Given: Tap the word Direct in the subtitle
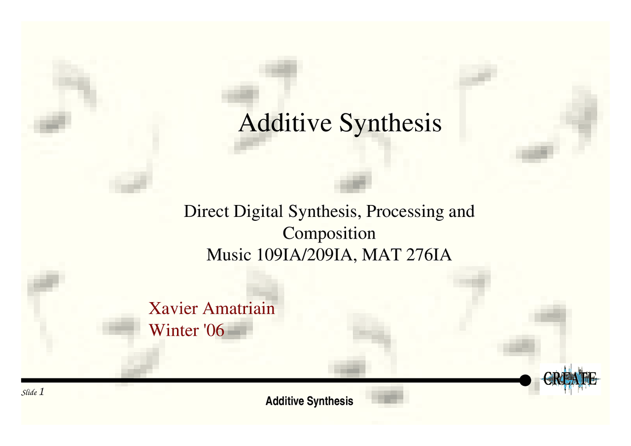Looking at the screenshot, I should click(206, 212).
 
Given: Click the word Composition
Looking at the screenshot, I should click(329, 233).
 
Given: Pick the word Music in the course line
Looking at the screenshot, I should click(229, 255).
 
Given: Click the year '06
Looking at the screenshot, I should click(213, 330).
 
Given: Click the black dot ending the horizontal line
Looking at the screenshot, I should click(526, 380).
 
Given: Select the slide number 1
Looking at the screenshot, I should click(42, 392).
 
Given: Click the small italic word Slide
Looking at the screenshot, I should click(30, 393).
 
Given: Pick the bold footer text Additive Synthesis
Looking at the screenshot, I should click(309, 401).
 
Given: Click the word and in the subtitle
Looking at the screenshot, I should click(461, 212).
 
